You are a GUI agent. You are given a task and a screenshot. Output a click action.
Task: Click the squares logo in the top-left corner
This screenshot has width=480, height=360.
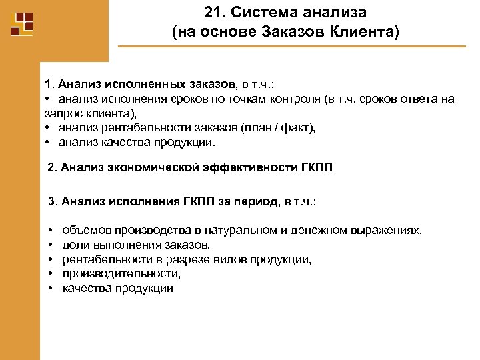[x=22, y=24]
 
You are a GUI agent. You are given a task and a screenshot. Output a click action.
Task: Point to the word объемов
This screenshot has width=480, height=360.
[x=85, y=230]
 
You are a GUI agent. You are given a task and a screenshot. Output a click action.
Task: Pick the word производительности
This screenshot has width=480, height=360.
[x=121, y=274]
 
